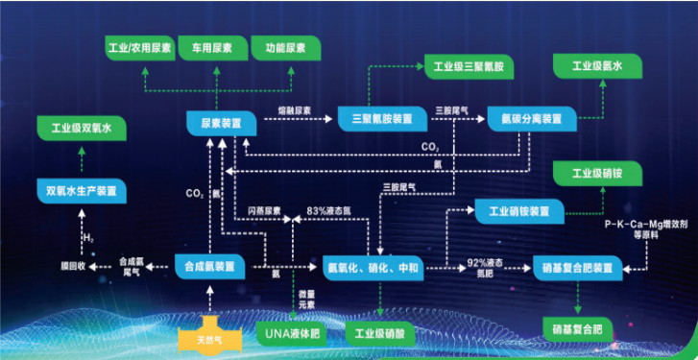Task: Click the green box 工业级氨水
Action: click(599, 67)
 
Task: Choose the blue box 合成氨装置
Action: click(211, 266)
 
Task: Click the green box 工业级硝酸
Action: click(381, 334)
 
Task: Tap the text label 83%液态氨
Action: click(330, 210)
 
